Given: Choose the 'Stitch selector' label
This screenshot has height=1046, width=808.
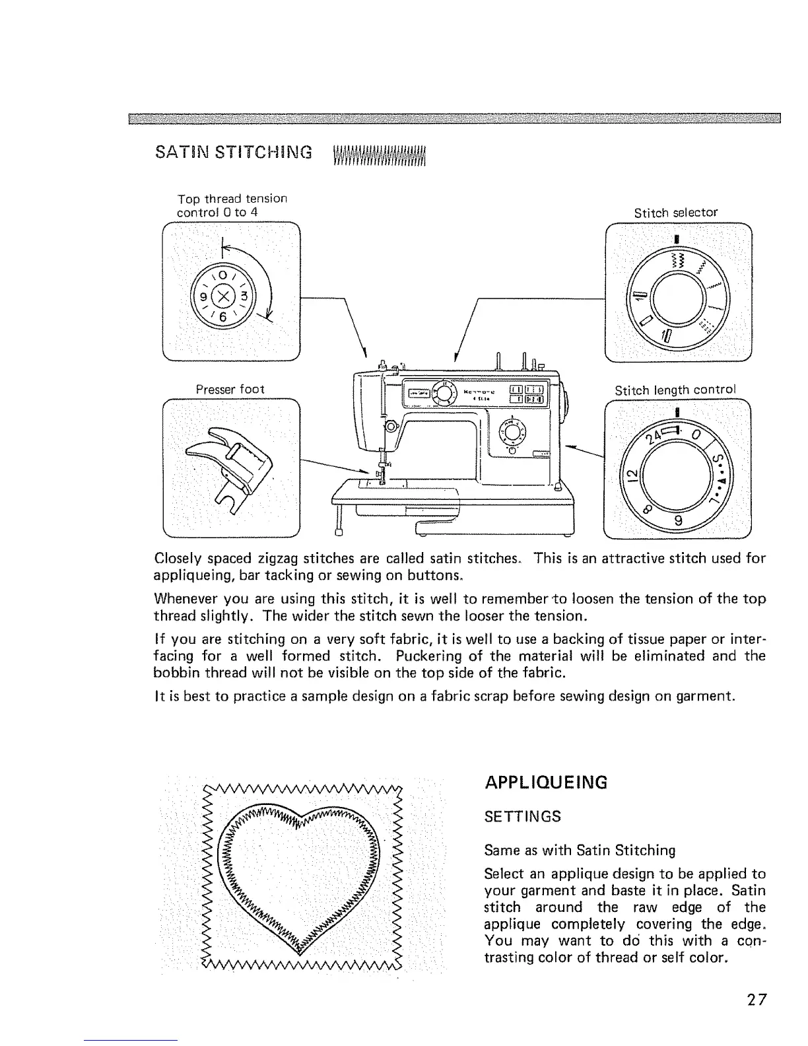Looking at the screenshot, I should (x=675, y=213).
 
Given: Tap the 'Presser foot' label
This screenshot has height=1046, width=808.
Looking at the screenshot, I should (x=230, y=390).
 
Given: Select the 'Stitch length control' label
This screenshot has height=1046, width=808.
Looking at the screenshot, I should (x=675, y=390).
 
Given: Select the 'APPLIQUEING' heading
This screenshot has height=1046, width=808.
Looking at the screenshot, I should (x=545, y=783).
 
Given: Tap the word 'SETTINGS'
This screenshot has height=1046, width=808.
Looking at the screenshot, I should (x=522, y=816).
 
